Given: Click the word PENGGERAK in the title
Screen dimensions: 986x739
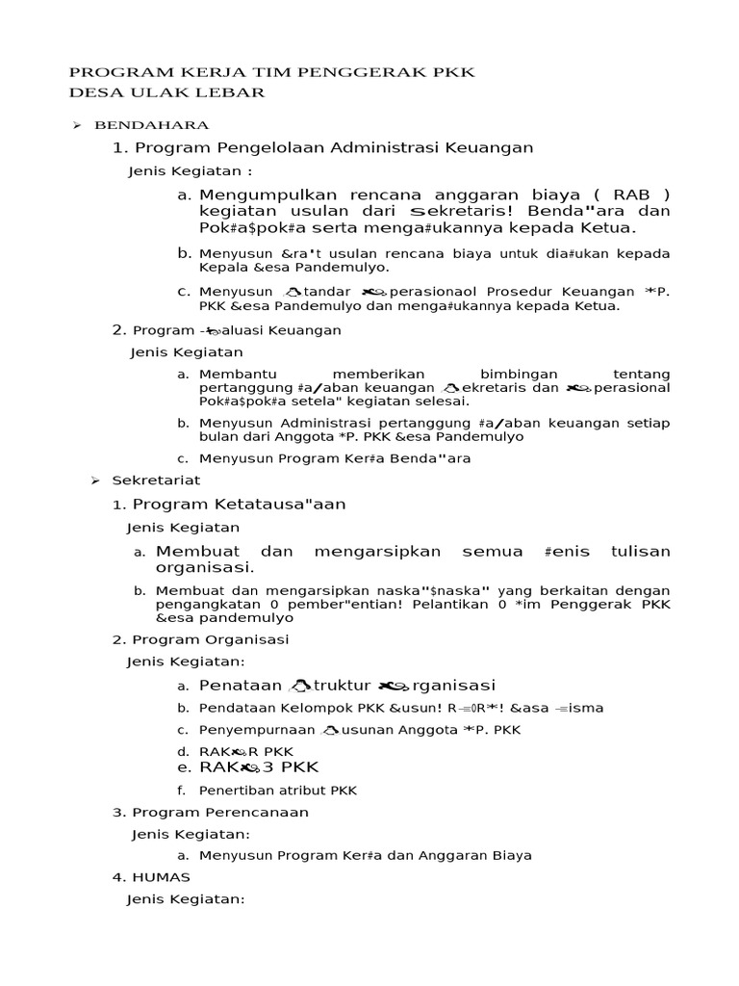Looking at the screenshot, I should coord(351,72).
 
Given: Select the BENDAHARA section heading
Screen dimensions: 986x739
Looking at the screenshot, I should coord(151,125).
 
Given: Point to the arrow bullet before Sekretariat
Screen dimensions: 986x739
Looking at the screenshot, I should coord(95,480).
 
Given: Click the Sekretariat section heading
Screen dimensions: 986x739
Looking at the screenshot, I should coord(156,480).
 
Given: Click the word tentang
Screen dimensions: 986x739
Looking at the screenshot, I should coord(641,374).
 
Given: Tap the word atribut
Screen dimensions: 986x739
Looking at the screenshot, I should coord(303,791).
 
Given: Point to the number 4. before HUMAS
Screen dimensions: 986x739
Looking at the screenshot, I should coord(119,877).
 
